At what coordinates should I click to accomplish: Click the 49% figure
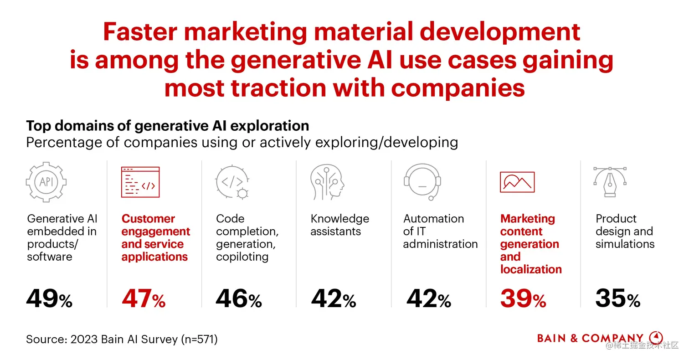point(49,299)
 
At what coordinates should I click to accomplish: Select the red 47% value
point(144,299)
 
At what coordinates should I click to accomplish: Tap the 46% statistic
point(238,299)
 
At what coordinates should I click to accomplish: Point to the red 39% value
point(523,299)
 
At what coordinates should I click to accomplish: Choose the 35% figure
point(617,299)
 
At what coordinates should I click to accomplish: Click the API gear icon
point(46,182)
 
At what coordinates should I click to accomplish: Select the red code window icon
point(140,182)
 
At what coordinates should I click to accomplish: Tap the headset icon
point(422,182)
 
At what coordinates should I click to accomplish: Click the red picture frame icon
point(517,182)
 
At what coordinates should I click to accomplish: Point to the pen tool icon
point(610,182)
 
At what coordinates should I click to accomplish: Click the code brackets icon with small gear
point(232,182)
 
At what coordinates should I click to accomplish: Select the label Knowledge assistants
point(339,225)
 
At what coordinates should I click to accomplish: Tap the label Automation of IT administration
point(440,231)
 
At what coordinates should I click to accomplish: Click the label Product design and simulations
point(625,231)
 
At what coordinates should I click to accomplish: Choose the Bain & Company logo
point(600,338)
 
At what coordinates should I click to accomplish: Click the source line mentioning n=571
point(122,339)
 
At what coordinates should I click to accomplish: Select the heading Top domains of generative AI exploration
point(167,126)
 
